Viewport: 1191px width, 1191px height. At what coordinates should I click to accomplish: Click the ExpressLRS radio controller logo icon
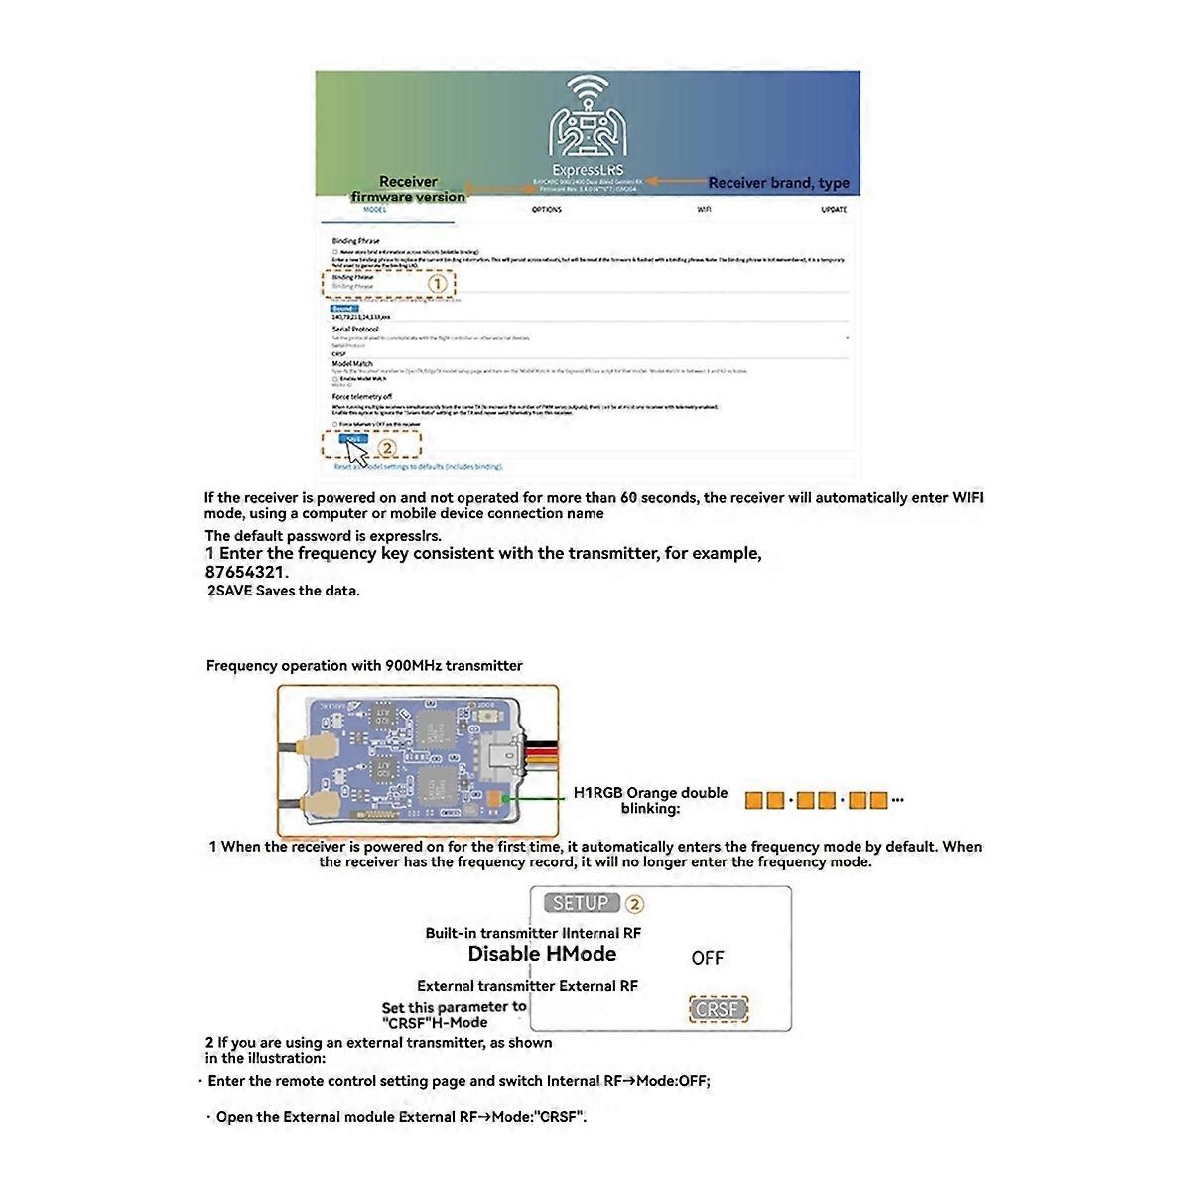(x=588, y=120)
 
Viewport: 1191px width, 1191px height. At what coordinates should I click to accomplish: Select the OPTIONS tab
(x=546, y=210)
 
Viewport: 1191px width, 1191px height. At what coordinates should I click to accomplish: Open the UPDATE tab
(x=834, y=210)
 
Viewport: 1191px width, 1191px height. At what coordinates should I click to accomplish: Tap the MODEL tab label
(x=374, y=211)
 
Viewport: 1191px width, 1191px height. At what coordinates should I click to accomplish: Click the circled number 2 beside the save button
(x=387, y=448)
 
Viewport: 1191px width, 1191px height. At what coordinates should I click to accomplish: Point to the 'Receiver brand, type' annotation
(x=778, y=183)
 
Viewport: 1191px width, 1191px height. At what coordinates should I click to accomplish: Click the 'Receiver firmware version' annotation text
(x=408, y=190)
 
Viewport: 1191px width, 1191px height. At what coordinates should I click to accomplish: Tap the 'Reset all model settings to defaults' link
(x=418, y=466)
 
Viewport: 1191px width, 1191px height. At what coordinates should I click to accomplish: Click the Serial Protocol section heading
(x=355, y=329)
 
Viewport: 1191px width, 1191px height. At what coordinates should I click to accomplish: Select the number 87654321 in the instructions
(x=246, y=572)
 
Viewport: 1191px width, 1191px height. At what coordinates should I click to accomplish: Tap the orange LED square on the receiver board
(x=495, y=798)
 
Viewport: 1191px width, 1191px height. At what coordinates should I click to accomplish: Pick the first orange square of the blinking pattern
(x=753, y=800)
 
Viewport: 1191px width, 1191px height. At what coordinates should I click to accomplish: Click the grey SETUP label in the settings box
(x=581, y=903)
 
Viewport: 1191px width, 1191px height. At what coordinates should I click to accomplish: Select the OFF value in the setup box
(x=708, y=958)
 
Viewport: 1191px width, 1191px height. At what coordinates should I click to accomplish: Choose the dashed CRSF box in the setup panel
(x=718, y=1010)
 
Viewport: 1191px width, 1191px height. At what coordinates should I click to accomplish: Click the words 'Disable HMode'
(x=542, y=954)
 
